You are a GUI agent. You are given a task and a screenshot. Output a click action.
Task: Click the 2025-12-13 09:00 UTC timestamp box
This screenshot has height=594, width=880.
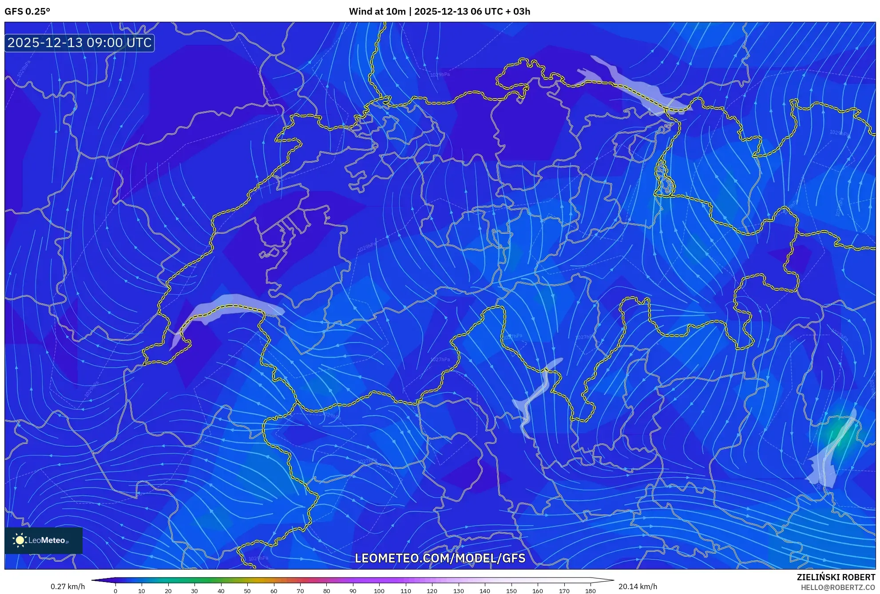(x=79, y=43)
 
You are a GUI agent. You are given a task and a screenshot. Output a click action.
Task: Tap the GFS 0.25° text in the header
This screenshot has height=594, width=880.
(x=27, y=12)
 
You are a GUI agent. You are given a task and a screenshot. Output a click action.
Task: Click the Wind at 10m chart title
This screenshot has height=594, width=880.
(x=439, y=12)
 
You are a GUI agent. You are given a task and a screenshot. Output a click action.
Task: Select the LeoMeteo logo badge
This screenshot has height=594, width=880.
(x=44, y=540)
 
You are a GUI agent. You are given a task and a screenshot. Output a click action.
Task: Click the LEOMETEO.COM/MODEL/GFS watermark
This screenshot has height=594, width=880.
(x=440, y=558)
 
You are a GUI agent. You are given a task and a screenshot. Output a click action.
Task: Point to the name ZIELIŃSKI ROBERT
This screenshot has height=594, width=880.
(x=836, y=577)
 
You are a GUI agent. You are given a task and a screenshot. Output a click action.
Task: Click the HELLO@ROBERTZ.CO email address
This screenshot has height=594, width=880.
(x=838, y=587)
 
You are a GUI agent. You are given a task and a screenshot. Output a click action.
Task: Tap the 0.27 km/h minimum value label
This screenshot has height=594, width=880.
(x=67, y=586)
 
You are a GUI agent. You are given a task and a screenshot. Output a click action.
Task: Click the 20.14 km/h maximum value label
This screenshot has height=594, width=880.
(x=638, y=586)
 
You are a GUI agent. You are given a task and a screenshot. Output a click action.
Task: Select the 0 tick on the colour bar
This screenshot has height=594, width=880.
(x=115, y=591)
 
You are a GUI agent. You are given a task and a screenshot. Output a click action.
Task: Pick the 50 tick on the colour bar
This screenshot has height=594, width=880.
(x=247, y=591)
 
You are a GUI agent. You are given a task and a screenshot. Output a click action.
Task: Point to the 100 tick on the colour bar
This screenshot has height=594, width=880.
(x=379, y=591)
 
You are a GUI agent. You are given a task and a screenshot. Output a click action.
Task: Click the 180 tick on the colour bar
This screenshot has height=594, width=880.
(x=590, y=591)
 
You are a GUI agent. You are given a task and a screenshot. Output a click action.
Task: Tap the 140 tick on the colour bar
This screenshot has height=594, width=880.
(x=484, y=591)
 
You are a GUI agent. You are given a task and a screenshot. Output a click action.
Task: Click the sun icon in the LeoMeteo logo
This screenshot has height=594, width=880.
(x=20, y=540)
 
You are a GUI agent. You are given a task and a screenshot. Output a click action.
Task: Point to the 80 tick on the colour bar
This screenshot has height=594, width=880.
(x=326, y=591)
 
